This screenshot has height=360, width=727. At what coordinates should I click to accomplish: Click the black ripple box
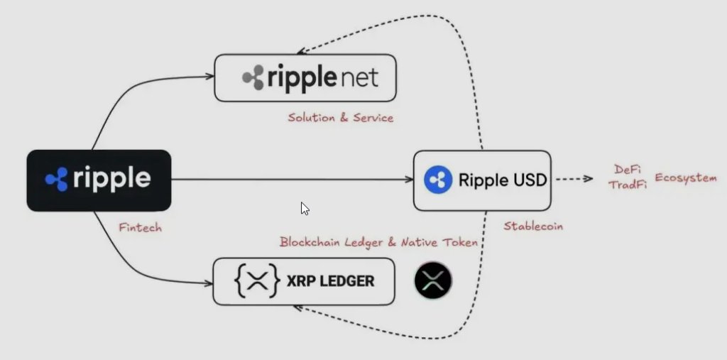(x=99, y=180)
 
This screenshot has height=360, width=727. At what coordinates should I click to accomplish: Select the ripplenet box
(x=305, y=77)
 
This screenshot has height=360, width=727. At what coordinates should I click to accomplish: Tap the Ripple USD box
(x=482, y=180)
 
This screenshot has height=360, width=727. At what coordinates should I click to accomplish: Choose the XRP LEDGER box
(x=304, y=282)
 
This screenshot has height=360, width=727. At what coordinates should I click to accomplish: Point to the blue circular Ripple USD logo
(x=438, y=180)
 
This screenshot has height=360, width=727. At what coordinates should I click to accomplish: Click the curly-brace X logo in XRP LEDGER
(x=256, y=282)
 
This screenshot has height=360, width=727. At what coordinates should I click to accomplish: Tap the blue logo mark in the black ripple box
(x=57, y=180)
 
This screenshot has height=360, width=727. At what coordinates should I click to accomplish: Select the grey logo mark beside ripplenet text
(x=253, y=77)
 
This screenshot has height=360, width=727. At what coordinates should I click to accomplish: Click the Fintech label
(x=139, y=228)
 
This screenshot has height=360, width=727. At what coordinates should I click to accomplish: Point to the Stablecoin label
(x=532, y=227)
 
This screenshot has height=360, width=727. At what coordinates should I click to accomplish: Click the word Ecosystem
(x=685, y=177)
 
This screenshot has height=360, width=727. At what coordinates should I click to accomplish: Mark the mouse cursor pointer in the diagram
(x=304, y=208)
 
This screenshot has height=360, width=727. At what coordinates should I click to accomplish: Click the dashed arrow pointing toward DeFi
(x=574, y=180)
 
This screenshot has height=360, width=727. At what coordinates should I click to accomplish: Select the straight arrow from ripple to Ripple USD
(x=291, y=180)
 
